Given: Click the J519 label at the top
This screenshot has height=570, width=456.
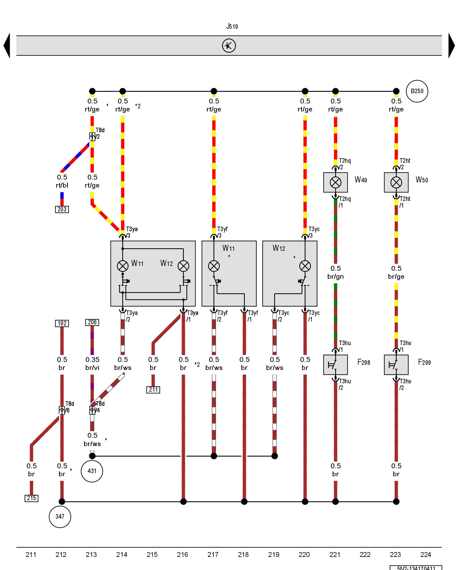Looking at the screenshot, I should [x=232, y=27].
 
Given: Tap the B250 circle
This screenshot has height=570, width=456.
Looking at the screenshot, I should [x=417, y=91].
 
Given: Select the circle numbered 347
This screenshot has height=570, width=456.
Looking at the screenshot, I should [x=60, y=516].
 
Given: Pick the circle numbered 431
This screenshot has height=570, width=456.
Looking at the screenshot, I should [x=92, y=471].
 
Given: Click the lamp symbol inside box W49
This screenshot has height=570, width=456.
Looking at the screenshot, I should [x=335, y=182].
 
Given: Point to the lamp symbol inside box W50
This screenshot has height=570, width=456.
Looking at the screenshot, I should [x=396, y=182].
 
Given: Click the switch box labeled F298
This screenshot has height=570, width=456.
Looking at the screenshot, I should [x=335, y=365].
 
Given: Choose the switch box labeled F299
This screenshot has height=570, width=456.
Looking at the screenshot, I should [x=396, y=365].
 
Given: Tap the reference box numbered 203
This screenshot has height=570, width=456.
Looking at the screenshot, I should [x=62, y=209].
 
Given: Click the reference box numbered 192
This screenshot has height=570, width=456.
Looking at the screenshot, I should [x=62, y=323].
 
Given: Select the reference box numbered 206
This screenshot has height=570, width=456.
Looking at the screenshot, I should [x=92, y=322].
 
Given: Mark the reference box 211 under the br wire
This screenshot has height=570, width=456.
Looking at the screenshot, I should [x=153, y=390].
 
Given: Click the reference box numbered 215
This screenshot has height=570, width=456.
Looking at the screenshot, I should [x=31, y=498].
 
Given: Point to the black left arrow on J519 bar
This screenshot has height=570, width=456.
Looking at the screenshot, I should [x=7, y=46].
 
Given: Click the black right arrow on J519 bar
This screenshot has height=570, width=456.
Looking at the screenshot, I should [x=451, y=46].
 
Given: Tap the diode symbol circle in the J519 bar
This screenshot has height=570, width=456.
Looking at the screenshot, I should [x=229, y=46].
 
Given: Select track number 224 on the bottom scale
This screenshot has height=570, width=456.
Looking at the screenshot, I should [x=426, y=555].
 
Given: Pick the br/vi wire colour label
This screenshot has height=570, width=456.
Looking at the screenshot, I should [x=92, y=368].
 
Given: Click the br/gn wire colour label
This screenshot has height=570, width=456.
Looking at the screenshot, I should [x=335, y=276].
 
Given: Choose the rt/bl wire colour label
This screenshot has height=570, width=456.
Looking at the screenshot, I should [x=62, y=185].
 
